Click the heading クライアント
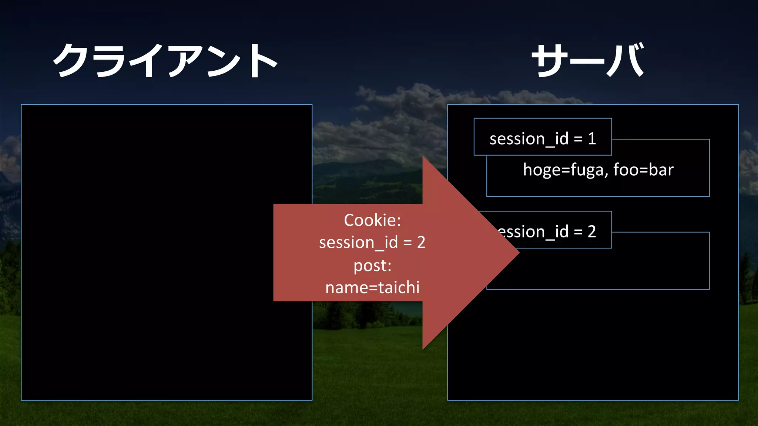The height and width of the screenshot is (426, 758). tap(165, 60)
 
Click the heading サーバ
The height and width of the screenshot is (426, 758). tap(588, 60)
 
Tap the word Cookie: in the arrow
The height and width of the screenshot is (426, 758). tap(372, 220)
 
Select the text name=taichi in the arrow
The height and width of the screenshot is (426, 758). tap(372, 288)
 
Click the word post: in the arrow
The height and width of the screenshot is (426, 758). tap(372, 266)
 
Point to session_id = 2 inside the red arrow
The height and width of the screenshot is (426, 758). tap(372, 243)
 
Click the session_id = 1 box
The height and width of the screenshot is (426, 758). tap(543, 137)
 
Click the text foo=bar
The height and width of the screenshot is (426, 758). tap(643, 170)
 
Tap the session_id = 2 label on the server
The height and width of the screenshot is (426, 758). tap(548, 232)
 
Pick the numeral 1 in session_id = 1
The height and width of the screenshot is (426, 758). tap(592, 139)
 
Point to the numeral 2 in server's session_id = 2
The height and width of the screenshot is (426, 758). tap(592, 232)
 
